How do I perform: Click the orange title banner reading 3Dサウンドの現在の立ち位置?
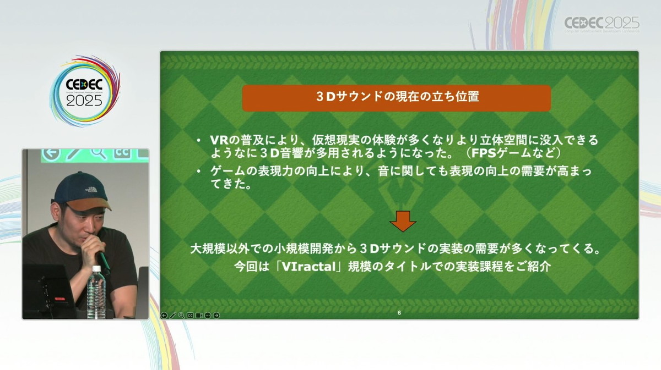pyautogui.click(x=396, y=98)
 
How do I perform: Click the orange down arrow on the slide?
pyautogui.click(x=403, y=221)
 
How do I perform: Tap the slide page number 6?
pyautogui.click(x=399, y=313)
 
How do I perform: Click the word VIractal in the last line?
pyautogui.click(x=309, y=267)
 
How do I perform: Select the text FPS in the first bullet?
pyautogui.click(x=484, y=153)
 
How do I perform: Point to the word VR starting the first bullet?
pyautogui.click(x=219, y=140)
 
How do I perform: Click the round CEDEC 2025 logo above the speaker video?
pyautogui.click(x=85, y=91)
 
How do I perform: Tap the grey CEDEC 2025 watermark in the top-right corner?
pyautogui.click(x=602, y=24)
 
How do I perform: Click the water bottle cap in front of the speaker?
pyautogui.click(x=96, y=269)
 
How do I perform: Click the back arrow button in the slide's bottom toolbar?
pyautogui.click(x=164, y=316)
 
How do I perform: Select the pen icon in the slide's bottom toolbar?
pyautogui.click(x=172, y=316)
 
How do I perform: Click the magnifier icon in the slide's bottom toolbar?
pyautogui.click(x=181, y=316)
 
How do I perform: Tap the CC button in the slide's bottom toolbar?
pyautogui.click(x=191, y=316)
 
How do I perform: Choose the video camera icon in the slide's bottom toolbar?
pyautogui.click(x=199, y=316)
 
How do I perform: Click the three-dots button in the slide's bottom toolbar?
pyautogui.click(x=208, y=316)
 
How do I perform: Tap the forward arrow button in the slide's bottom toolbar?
pyautogui.click(x=216, y=316)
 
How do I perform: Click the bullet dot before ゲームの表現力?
pyautogui.click(x=199, y=171)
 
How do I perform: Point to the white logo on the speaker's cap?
pyautogui.click(x=91, y=189)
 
